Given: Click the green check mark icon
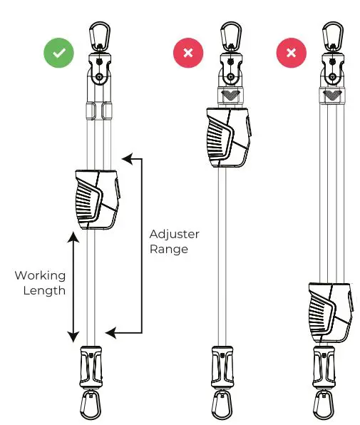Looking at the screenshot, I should pos(58,53).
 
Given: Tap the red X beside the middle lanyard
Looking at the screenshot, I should pos(188,53).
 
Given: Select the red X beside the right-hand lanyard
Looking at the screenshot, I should pos(291,53).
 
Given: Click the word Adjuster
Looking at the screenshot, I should pos(175,234).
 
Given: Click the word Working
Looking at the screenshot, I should pos(40,275).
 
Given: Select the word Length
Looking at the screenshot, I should pos(40,290).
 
